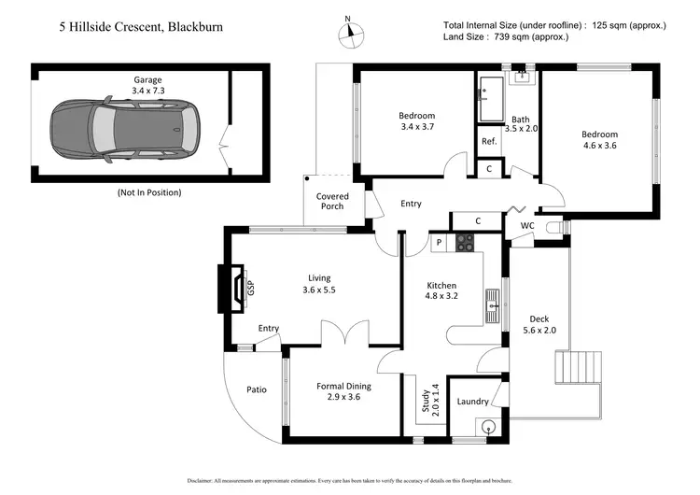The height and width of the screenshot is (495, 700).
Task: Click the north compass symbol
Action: pos(350,31)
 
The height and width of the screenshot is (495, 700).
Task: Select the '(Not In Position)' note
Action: pos(148,192)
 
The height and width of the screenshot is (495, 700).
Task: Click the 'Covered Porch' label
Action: pos(331,201)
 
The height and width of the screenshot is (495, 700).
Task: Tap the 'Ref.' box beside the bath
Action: pos(488,141)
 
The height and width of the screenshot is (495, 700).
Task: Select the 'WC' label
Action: pos(527,225)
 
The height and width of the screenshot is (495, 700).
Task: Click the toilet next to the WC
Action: pos(556,226)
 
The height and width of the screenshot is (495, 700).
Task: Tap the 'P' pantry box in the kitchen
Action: pos(438,243)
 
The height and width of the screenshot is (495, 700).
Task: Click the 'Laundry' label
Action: pos(473,402)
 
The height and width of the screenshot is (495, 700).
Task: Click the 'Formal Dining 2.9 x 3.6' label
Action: pos(343,391)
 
